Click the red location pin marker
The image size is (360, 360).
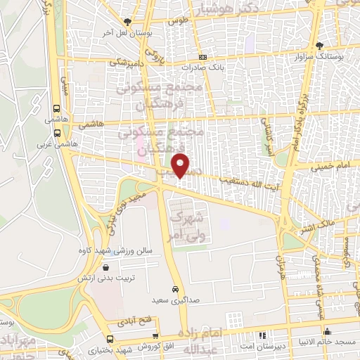click(x=182, y=165)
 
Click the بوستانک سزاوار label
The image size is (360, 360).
click(x=320, y=55)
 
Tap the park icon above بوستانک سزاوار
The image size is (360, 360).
click(x=319, y=45)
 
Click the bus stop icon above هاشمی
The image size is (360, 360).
click(x=56, y=109)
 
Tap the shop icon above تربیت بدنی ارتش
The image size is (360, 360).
click(x=105, y=266)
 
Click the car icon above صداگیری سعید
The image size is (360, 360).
click(x=175, y=290)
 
